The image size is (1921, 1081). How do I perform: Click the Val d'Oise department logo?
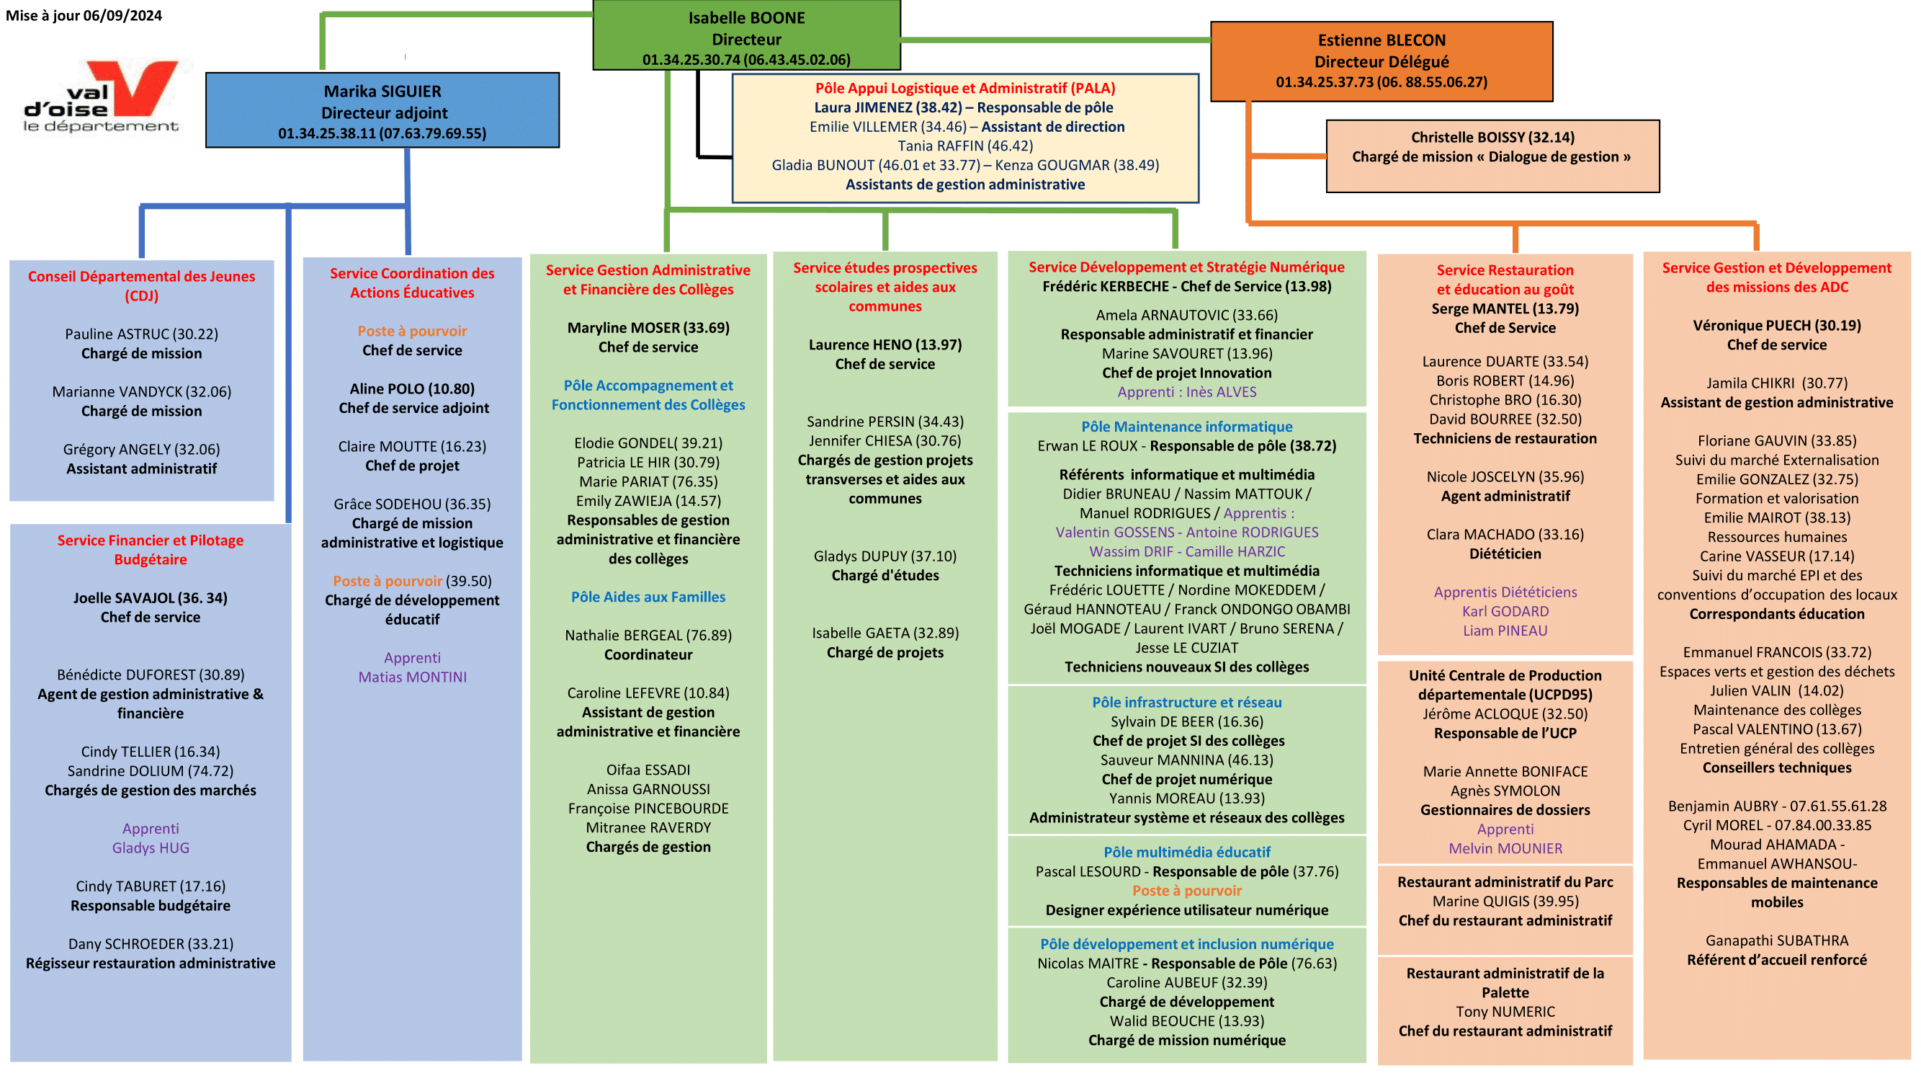[102, 97]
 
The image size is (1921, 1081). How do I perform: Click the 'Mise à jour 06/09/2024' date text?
[84, 16]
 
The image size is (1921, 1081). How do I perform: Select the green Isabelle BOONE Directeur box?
[745, 37]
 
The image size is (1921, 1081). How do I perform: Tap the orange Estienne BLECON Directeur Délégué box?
[1381, 61]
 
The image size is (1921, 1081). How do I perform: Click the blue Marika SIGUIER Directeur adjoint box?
[382, 111]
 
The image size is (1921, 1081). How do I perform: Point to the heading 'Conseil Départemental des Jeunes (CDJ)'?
[142, 285]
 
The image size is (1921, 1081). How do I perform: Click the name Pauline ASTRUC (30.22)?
[142, 334]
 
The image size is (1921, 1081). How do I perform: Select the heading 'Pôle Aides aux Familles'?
[648, 597]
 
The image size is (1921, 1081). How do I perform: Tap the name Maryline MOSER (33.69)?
[648, 327]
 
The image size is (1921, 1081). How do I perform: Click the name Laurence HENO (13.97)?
[885, 344]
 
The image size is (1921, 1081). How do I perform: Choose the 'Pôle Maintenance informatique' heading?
[1186, 427]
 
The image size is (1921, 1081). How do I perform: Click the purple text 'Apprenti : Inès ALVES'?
[1186, 391]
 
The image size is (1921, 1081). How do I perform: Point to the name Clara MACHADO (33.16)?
[1505, 534]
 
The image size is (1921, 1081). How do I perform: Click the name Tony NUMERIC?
[1505, 1012]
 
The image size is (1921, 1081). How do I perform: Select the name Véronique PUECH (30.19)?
[1776, 325]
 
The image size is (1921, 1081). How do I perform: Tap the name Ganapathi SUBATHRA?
[1776, 940]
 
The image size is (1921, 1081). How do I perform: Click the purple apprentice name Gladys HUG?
[151, 848]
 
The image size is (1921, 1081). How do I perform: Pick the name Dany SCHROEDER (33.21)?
[151, 944]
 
